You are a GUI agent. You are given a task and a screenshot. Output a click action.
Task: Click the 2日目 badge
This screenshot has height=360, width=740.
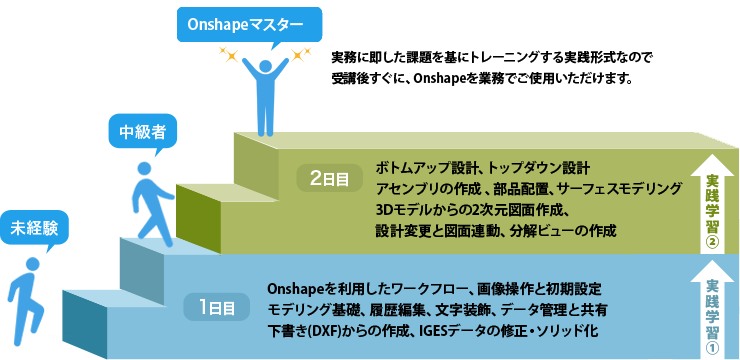pos(329,179)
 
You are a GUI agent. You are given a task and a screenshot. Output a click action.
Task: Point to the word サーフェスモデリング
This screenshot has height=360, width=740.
pos(622,188)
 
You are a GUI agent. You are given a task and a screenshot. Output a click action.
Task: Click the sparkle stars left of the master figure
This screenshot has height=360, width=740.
pos(236,54)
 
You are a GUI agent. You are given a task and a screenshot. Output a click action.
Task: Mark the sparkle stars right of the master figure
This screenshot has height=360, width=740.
pos(295,52)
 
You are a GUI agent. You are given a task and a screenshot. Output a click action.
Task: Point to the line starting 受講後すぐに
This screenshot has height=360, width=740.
pos(481,77)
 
